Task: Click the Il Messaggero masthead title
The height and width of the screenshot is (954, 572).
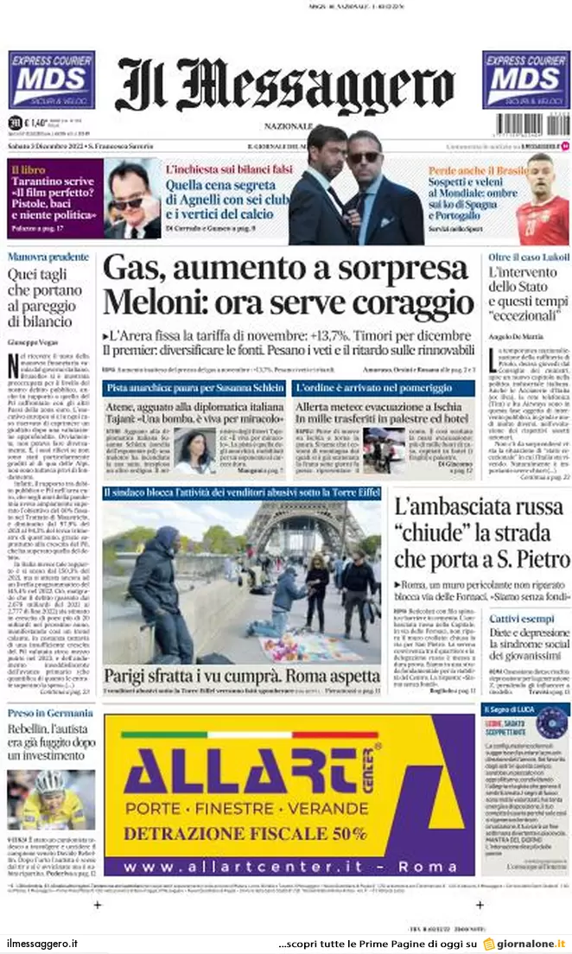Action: pyautogui.click(x=285, y=86)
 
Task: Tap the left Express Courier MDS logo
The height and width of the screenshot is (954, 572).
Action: pyautogui.click(x=51, y=79)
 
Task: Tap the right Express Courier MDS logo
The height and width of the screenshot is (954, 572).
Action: pyautogui.click(x=525, y=79)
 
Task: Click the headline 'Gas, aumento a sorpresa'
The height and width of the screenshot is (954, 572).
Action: pyautogui.click(x=285, y=269)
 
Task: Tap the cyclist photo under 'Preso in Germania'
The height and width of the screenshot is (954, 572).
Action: pyautogui.click(x=53, y=800)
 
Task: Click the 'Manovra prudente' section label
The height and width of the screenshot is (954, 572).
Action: pyautogui.click(x=48, y=258)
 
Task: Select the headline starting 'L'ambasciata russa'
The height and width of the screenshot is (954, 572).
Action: pyautogui.click(x=481, y=532)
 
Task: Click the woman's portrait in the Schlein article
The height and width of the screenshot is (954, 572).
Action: pyautogui.click(x=195, y=451)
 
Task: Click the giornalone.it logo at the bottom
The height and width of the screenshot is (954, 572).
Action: pyautogui.click(x=524, y=944)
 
